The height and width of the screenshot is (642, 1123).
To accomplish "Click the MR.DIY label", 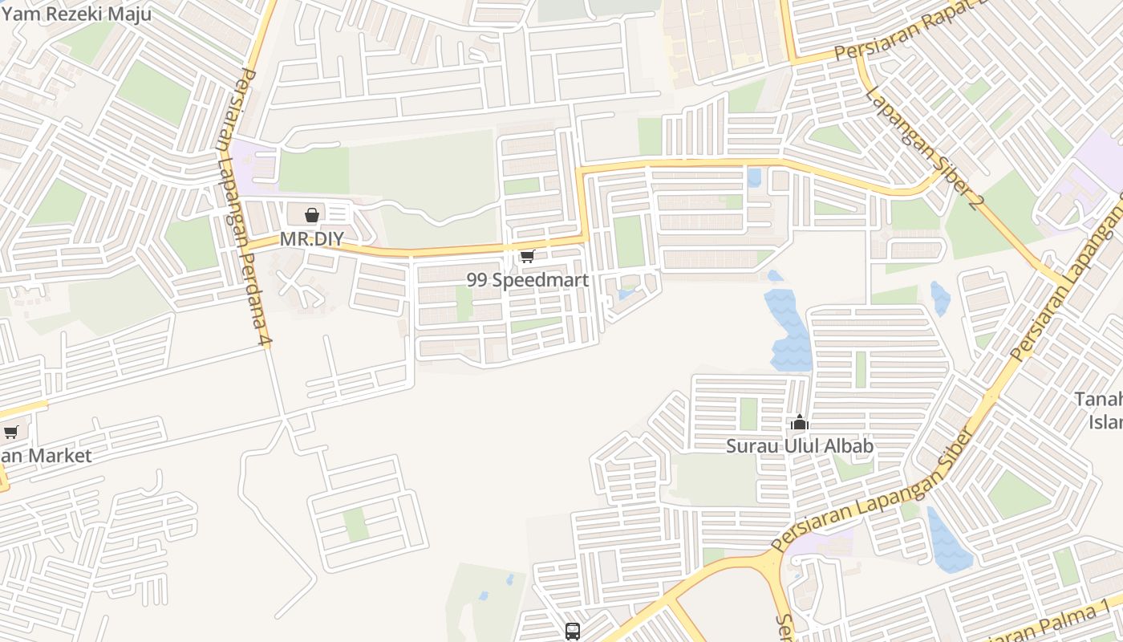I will pos(311,239).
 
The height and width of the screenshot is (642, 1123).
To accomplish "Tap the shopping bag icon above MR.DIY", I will pos(312,215).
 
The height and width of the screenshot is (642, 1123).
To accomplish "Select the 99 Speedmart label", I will pos(528,280).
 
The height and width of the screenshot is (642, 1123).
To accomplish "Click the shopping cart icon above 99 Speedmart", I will pos(527,257).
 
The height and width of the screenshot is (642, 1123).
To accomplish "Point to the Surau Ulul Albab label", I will pos(800,445).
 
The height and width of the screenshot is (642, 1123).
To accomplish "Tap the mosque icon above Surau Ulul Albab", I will pos(800,422).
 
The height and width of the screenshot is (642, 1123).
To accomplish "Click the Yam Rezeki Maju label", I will pos(76,14).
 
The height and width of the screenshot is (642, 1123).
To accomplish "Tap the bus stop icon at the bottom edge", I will pos(573,632).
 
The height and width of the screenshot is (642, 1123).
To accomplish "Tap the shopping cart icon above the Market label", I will pos(11,433).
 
